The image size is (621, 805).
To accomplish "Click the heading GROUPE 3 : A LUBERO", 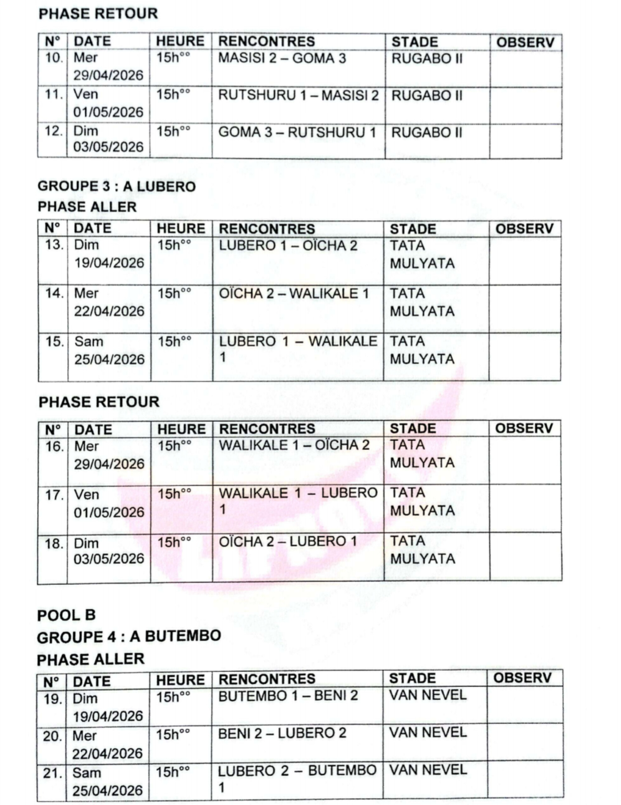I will click(x=116, y=186).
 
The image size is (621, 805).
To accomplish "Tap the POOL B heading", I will click(x=66, y=615).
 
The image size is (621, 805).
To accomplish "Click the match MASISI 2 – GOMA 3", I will click(x=282, y=58).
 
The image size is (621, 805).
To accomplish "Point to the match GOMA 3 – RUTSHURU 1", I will click(x=297, y=132).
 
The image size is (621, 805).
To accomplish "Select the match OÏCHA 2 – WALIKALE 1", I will click(x=294, y=294).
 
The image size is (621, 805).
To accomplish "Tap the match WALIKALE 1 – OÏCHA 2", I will click(x=294, y=445).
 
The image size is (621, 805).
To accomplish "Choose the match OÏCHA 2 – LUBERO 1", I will click(x=288, y=541).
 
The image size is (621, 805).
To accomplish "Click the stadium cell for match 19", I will click(x=428, y=696).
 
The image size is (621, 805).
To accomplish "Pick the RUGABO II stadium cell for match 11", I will click(x=426, y=96).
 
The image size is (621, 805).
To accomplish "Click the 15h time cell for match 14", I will click(x=174, y=294).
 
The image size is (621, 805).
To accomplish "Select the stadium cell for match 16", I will click(x=422, y=454).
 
